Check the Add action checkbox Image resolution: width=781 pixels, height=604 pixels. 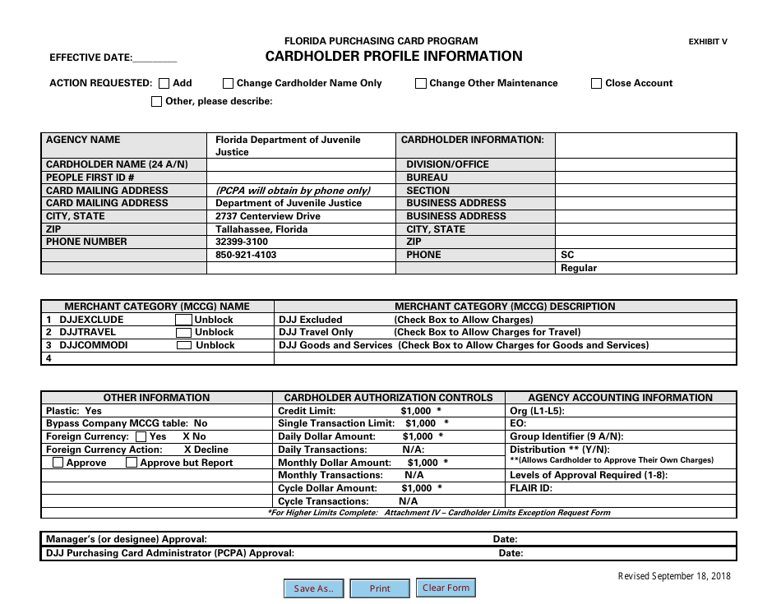[164, 83]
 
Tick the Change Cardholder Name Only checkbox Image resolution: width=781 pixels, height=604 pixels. [229, 83]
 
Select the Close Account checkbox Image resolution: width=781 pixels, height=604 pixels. [597, 83]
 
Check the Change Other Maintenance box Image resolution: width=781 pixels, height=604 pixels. [421, 83]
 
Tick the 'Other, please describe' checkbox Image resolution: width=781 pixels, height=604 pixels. [157, 102]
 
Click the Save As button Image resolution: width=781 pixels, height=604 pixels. [314, 588]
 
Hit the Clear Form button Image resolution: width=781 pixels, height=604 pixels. [446, 588]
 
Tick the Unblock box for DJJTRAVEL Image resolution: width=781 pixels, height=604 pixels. [184, 333]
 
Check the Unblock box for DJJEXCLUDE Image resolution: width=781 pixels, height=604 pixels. [184, 320]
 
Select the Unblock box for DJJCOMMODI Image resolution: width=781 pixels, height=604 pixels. [184, 346]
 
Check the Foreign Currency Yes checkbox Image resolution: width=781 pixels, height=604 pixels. [141, 437]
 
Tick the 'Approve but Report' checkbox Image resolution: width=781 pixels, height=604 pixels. [132, 463]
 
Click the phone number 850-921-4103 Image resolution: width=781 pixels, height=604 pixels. [246, 255]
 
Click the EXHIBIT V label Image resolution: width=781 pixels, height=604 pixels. [708, 42]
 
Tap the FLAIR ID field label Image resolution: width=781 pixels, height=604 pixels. [531, 488]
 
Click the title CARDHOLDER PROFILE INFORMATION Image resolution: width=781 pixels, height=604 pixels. [394, 57]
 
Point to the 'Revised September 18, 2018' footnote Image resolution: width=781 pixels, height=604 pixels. [674, 576]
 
